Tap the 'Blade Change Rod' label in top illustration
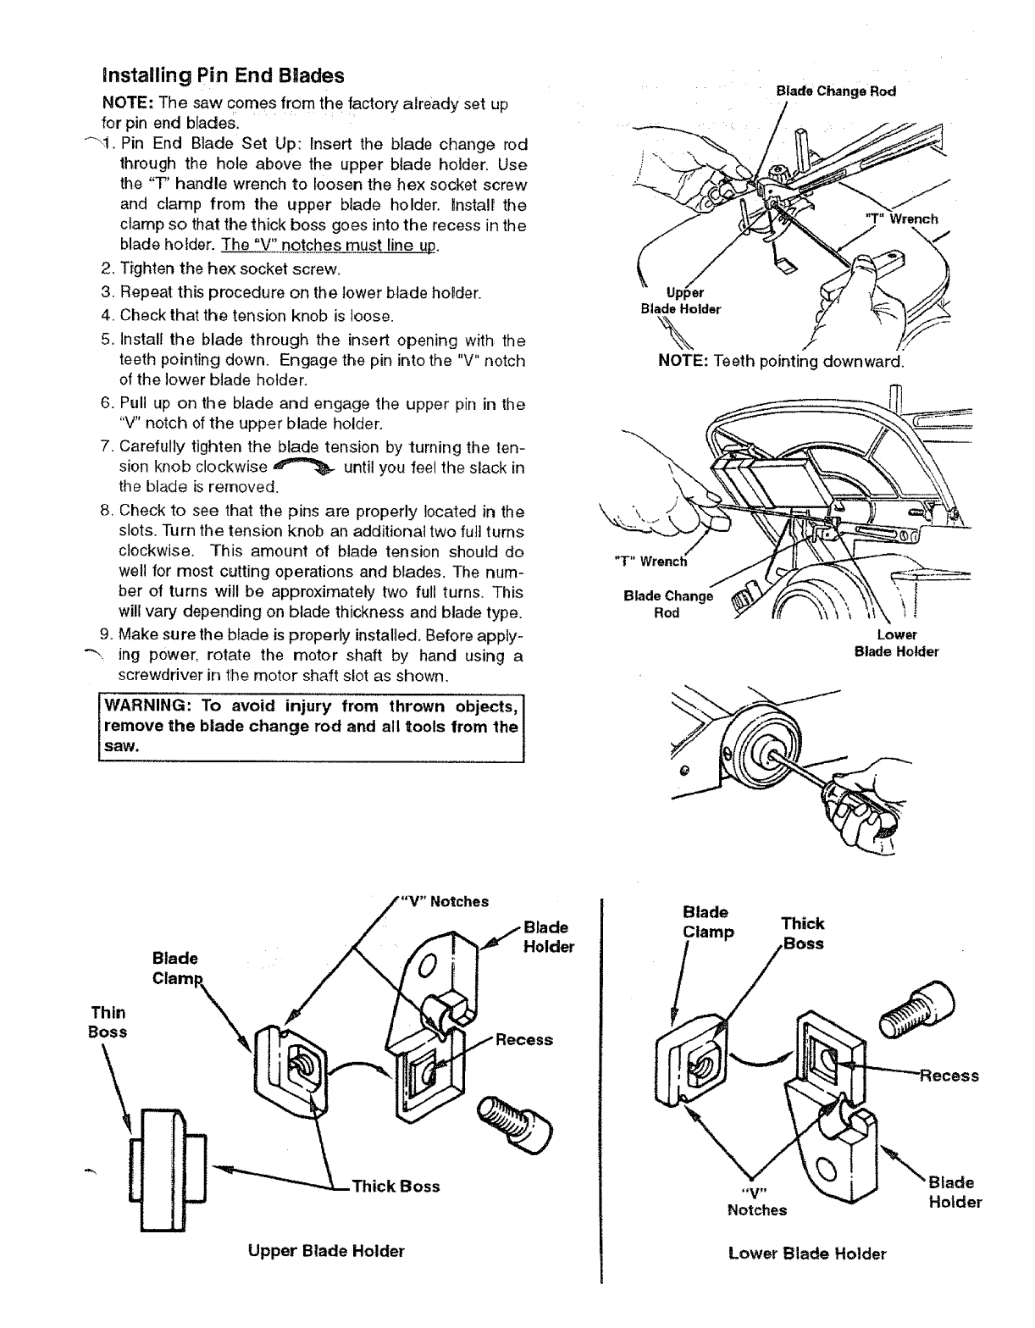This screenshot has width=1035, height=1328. (x=835, y=91)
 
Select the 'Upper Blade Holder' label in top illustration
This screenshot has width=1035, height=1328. (x=681, y=301)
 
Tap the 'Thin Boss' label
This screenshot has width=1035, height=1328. (x=108, y=1021)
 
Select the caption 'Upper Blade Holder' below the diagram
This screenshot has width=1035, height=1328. (x=326, y=1251)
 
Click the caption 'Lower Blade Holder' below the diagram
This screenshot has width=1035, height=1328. (x=807, y=1253)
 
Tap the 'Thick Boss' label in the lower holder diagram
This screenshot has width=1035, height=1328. (x=802, y=933)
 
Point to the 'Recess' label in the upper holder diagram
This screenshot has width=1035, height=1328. (x=524, y=1040)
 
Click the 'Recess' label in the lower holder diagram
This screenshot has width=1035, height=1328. (x=950, y=1076)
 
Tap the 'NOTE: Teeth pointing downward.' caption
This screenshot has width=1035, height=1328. (x=782, y=362)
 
